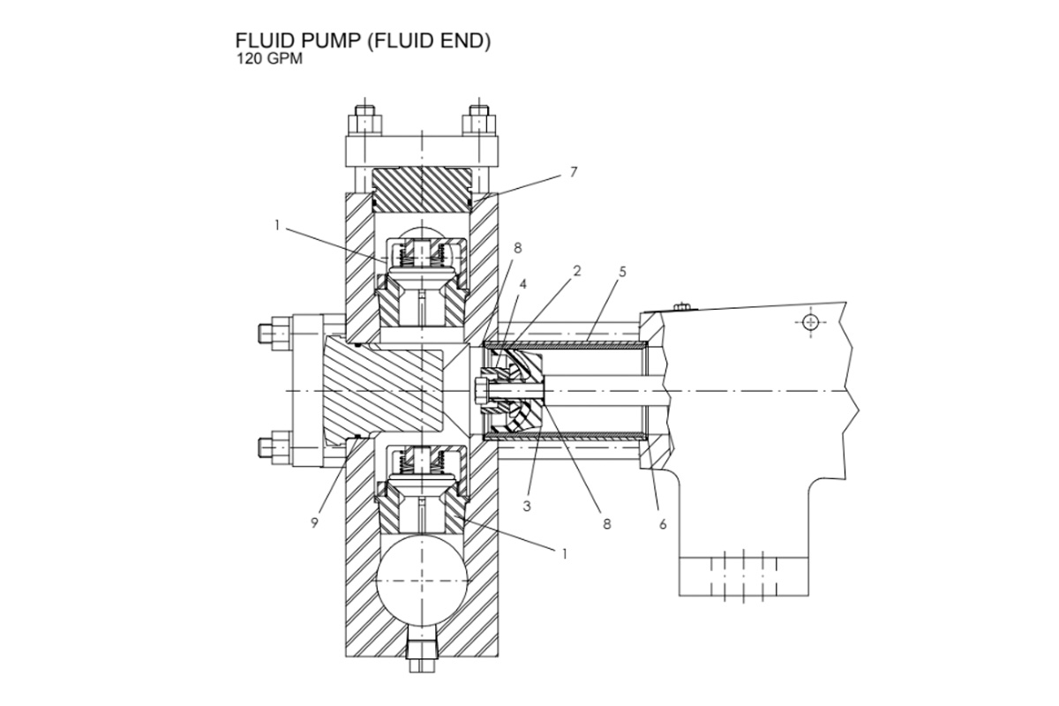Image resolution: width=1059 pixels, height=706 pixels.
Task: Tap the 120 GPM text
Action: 264,60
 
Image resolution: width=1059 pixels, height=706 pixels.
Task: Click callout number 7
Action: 573,172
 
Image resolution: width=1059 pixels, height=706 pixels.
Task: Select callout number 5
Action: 622,272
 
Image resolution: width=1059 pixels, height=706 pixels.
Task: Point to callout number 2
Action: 576,272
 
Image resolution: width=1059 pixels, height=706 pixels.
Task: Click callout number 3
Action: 526,507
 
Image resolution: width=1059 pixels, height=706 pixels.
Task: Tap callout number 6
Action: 662,524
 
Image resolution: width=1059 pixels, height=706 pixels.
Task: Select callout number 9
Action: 315,522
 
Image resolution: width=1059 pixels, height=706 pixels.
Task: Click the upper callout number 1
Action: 276,226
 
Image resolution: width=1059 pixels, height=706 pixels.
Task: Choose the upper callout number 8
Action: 517,248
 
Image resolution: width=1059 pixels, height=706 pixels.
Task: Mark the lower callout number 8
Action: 607,523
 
